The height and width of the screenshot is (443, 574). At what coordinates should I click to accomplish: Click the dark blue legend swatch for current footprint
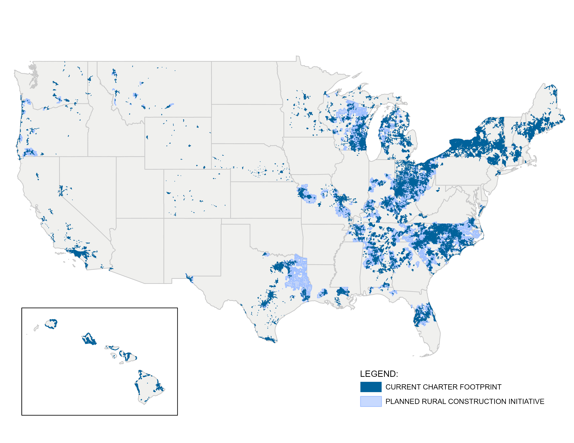pos(370,387)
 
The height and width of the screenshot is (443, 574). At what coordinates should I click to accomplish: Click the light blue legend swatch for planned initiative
pos(370,401)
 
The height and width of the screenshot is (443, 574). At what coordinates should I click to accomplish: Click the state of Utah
pos(139,189)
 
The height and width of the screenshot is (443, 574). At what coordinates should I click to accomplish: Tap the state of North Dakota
pos(244,83)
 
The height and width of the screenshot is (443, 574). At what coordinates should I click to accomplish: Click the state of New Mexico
pos(192,249)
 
